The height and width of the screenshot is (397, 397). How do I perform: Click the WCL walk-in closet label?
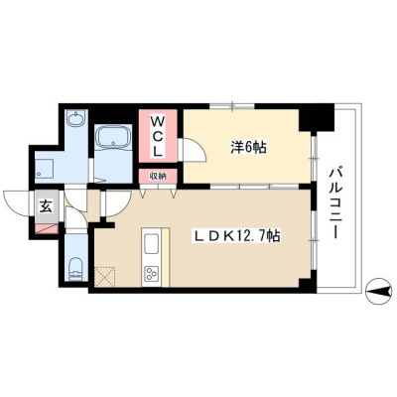tap(158, 136)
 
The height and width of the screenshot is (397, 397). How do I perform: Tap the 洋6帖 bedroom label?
tap(248, 148)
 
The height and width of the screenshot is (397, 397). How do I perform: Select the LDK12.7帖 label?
tap(237, 236)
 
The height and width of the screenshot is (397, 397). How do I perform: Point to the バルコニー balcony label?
tap(335, 203)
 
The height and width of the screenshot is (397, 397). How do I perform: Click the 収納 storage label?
tap(158, 176)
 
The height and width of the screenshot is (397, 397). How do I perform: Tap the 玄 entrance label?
tap(47, 206)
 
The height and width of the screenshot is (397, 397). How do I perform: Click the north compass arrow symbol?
tap(379, 292)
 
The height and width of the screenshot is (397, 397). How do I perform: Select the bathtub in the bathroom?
tap(113, 137)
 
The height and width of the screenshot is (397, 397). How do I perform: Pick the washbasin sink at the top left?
tap(76, 118)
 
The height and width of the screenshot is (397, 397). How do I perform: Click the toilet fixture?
tap(76, 268)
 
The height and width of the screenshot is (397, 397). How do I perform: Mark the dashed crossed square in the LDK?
tap(105, 276)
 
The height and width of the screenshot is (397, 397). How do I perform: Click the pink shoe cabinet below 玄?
tap(47, 229)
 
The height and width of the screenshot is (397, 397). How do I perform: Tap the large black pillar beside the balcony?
tap(317, 118)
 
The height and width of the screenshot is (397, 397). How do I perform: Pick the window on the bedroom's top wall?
tap(232, 106)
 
